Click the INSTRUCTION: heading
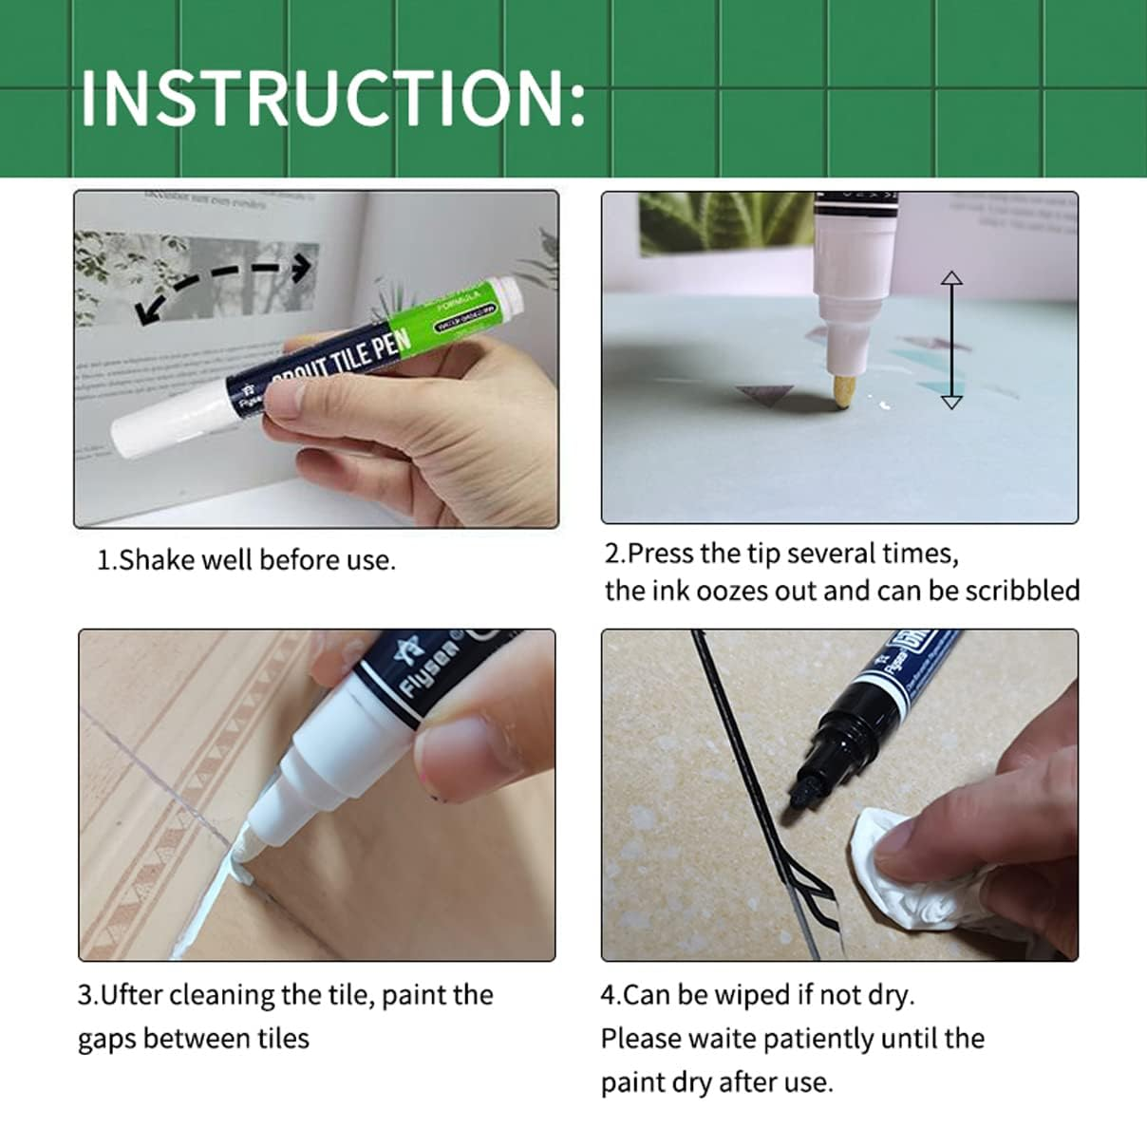coord(332,97)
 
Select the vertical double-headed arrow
coord(950,340)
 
